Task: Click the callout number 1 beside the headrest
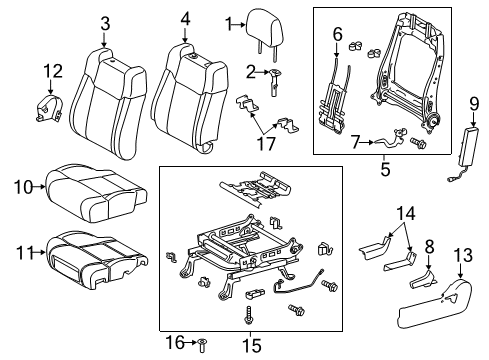coord(228,23)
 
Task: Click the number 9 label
coord(473,102)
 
